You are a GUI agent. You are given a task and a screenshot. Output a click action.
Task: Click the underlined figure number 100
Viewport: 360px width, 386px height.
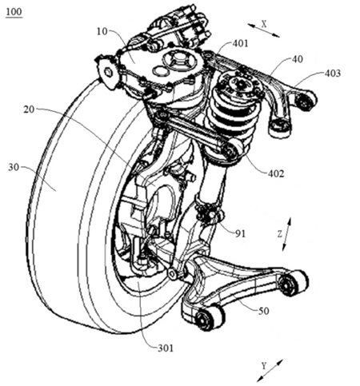[x=14, y=13]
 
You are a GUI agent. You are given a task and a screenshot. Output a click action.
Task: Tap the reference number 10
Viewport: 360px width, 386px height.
[x=102, y=31]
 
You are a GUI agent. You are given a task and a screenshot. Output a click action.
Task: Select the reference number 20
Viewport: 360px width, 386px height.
[x=29, y=109]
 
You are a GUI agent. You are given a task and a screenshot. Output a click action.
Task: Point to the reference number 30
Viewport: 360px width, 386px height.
[x=14, y=167]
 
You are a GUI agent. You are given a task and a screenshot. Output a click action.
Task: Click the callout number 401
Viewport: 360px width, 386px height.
[x=240, y=43]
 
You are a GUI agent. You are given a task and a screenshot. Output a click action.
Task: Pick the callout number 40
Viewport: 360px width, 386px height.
[x=298, y=59]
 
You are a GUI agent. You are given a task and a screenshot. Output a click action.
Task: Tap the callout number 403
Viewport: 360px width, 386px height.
[x=333, y=74]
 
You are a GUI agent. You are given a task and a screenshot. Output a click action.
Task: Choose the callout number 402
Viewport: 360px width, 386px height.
[x=276, y=173]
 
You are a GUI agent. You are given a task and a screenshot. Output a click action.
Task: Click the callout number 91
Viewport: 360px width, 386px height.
[x=240, y=233]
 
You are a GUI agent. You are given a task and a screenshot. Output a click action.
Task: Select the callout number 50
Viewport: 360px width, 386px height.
[x=263, y=311]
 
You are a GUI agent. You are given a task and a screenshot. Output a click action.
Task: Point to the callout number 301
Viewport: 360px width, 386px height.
[x=166, y=348]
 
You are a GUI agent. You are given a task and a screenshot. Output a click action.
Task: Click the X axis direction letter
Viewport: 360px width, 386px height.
[x=264, y=24]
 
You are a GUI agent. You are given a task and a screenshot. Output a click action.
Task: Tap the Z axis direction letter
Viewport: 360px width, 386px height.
[x=279, y=234]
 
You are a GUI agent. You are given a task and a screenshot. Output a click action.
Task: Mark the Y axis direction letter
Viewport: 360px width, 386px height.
[x=264, y=366]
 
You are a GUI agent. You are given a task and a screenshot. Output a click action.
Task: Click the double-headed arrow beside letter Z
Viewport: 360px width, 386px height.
[x=286, y=234]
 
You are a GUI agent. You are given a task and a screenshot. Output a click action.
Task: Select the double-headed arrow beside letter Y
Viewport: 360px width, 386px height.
[x=270, y=371]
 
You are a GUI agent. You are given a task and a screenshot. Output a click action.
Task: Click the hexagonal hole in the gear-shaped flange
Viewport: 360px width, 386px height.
[x=107, y=71]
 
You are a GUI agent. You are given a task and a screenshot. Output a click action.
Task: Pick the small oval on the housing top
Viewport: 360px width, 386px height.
[x=160, y=70]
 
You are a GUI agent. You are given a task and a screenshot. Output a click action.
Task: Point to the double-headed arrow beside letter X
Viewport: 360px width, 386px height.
[x=264, y=30]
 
